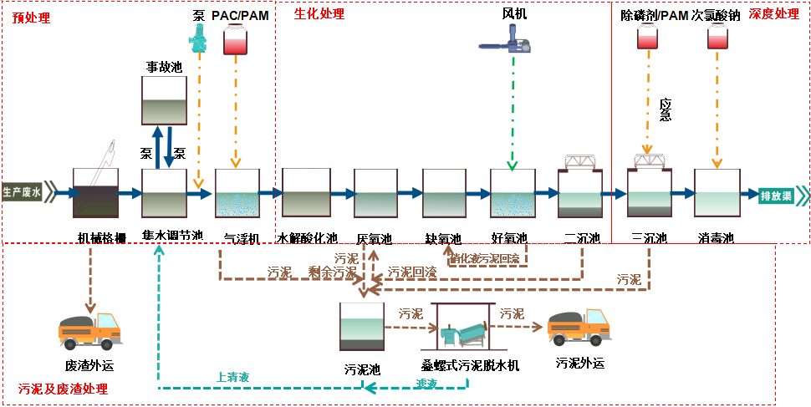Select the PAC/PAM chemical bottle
point(237,40)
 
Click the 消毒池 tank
point(717,194)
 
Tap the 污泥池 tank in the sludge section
point(362,326)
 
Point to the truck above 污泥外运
point(577,327)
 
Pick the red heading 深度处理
point(773,14)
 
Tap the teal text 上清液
point(232,378)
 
